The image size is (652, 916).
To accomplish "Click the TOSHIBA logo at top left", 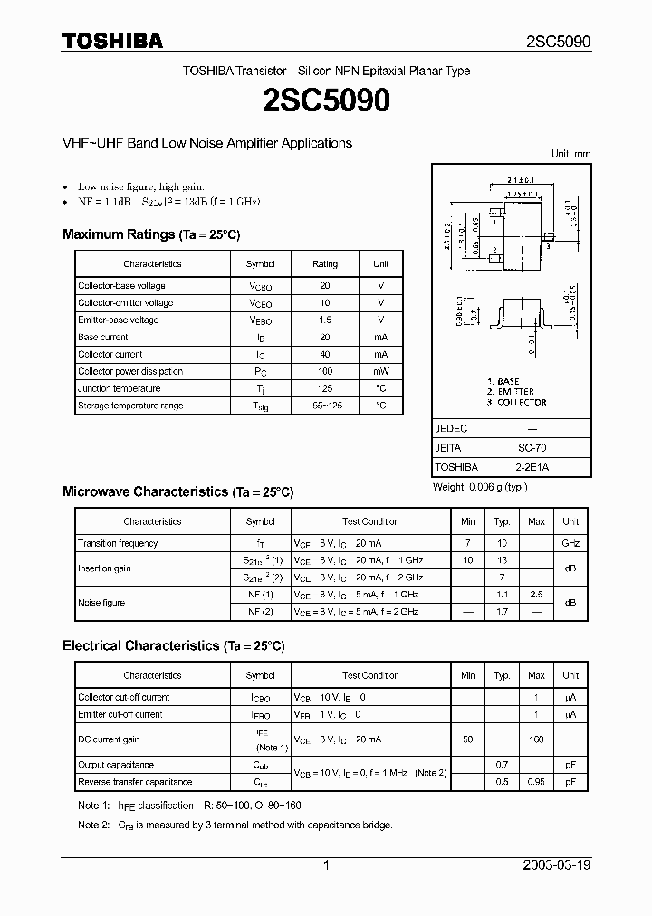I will click(112, 41).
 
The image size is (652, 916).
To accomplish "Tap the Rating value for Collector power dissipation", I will click(325, 372).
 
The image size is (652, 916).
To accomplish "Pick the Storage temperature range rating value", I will click(325, 406).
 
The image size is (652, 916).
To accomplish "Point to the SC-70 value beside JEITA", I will click(532, 448).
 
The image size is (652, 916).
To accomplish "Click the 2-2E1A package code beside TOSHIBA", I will click(532, 467).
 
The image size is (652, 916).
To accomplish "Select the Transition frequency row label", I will click(118, 544).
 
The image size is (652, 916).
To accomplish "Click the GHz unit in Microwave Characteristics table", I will click(570, 544).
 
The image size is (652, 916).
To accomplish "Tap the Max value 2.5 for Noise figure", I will click(536, 595).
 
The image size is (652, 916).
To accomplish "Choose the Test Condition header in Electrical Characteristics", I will click(370, 676).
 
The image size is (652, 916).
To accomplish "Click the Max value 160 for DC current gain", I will click(536, 739).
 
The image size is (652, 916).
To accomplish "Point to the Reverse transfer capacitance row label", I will click(135, 782).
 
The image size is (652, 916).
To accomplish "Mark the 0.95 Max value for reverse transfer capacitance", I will click(536, 782).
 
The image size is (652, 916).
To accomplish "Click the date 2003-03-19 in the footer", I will click(557, 865).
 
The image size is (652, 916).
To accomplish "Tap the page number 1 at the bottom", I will click(326, 865).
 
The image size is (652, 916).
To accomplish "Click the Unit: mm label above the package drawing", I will click(570, 155).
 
